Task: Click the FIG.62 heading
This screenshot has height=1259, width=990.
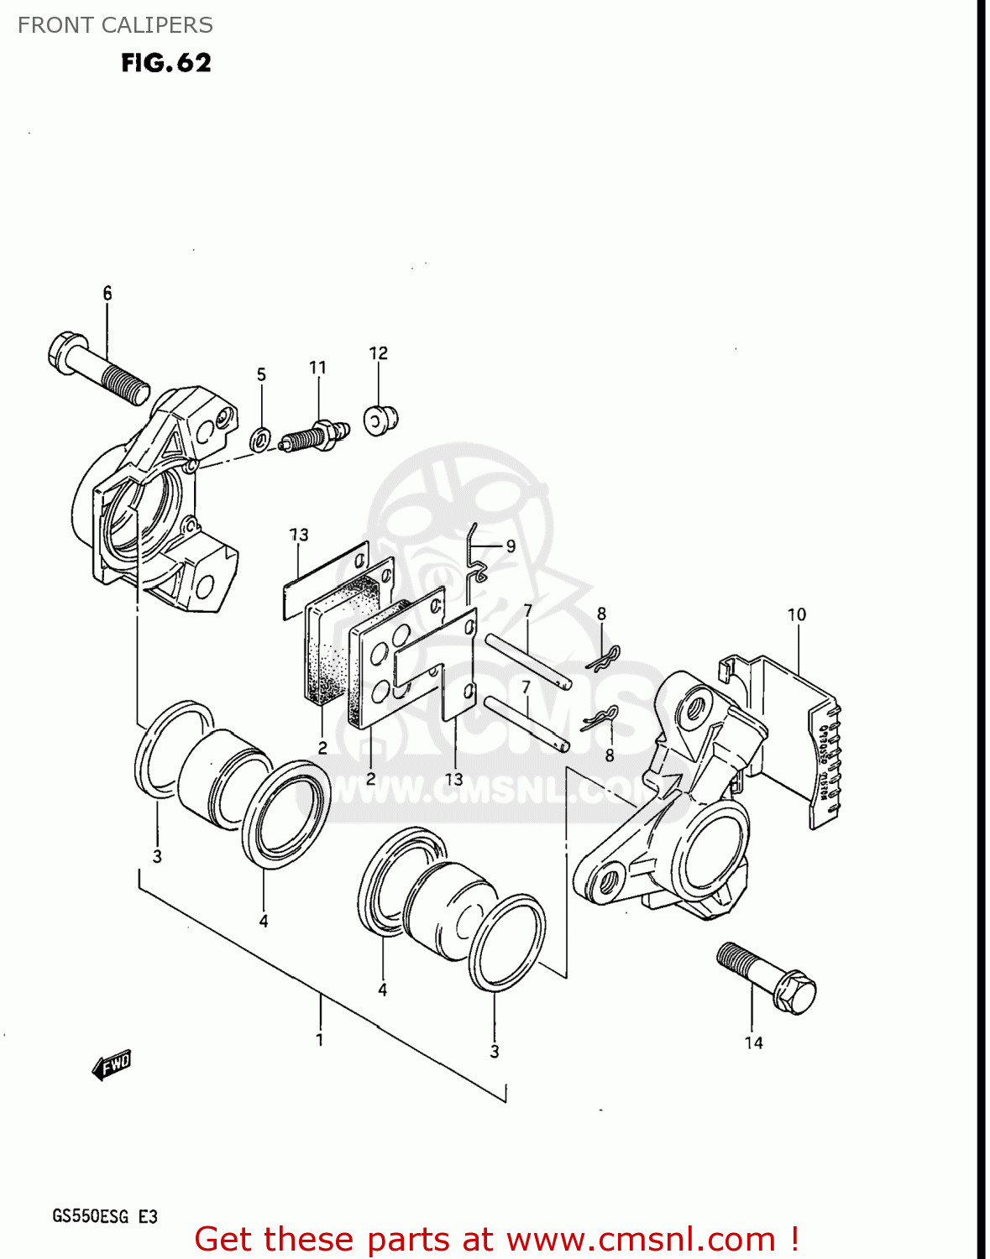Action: pos(165,63)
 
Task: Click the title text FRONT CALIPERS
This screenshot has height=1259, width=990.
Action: pos(115,25)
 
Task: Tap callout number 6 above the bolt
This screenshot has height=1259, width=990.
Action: pos(107,293)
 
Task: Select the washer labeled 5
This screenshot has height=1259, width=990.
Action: pos(261,437)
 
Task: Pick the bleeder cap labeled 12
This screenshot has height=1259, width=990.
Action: pos(381,419)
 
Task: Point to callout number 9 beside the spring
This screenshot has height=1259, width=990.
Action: pos(511,546)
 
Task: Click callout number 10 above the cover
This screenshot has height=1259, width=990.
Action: pos(796,614)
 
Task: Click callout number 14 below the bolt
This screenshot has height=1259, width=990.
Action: pos(753,1042)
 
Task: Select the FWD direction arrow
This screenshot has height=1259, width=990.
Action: pos(112,1065)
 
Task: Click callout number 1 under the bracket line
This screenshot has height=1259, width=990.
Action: pos(320,1039)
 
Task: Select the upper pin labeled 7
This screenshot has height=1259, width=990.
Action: pos(528,661)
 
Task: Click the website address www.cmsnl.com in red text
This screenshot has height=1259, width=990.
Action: pos(641,1239)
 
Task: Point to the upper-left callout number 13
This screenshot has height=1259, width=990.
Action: pos(299,535)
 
